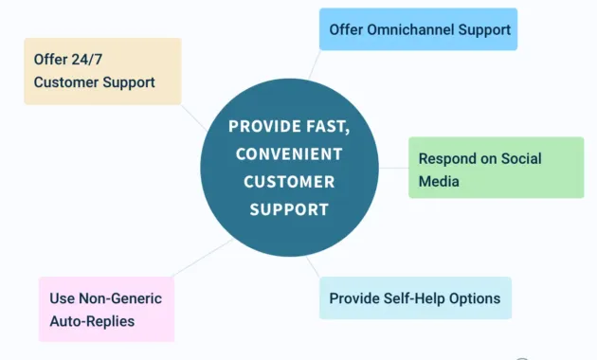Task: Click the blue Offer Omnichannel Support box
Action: [418, 29]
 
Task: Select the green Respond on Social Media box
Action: [496, 168]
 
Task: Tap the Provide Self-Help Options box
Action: [414, 298]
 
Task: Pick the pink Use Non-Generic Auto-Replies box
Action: [106, 309]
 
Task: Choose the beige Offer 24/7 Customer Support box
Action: [102, 71]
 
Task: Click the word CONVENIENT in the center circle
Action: [289, 153]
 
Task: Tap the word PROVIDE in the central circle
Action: [266, 127]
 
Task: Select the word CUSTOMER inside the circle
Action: [289, 181]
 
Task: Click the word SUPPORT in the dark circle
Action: [289, 208]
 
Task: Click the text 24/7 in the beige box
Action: [87, 59]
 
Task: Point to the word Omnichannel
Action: [410, 29]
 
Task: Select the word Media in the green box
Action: [439, 181]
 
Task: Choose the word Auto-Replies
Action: [92, 321]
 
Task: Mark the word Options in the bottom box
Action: [474, 298]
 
